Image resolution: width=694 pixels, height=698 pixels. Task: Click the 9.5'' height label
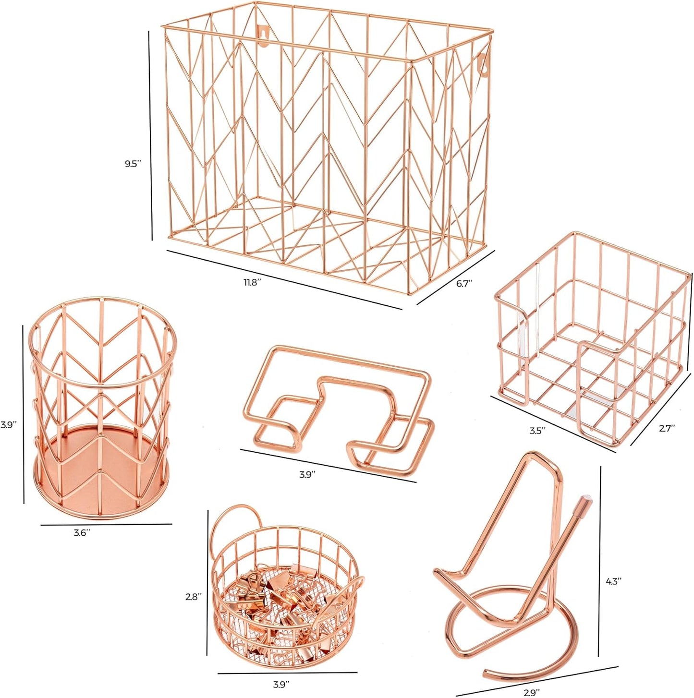pyautogui.click(x=132, y=164)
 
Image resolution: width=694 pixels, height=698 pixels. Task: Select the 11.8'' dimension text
pyautogui.click(x=252, y=282)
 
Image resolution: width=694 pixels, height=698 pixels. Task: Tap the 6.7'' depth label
pyautogui.click(x=464, y=283)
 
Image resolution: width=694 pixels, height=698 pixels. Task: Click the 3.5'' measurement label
pyautogui.click(x=537, y=431)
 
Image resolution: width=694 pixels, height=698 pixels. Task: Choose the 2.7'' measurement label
pyautogui.click(x=666, y=428)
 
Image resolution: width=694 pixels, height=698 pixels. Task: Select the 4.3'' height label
pyautogui.click(x=613, y=580)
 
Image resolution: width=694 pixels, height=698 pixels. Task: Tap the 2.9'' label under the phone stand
pyautogui.click(x=531, y=691)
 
